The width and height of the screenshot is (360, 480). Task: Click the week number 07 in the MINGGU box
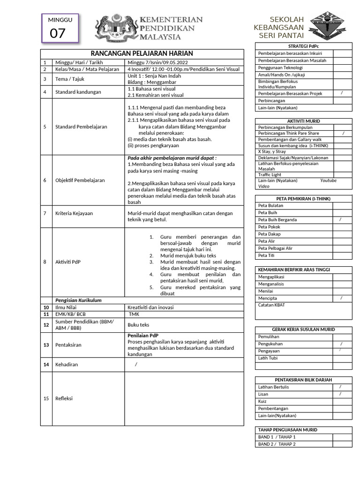click(58, 33)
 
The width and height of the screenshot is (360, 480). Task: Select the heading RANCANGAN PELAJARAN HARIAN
click(142, 53)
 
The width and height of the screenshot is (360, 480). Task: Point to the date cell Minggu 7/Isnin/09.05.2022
click(157, 62)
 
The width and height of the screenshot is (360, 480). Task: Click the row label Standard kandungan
click(78, 92)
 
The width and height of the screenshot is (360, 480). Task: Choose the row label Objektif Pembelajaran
click(80, 180)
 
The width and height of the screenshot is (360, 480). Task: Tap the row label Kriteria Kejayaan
click(74, 213)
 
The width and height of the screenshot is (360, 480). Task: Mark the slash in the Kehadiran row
click(136, 364)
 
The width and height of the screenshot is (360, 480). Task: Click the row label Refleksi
click(64, 398)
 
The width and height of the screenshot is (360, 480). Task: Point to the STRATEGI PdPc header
click(303, 46)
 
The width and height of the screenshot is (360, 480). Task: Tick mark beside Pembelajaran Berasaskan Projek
click(342, 93)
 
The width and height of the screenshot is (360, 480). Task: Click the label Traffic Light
click(270, 175)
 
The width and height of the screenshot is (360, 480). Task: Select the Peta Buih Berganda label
click(277, 220)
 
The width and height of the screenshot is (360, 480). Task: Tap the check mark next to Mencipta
click(341, 298)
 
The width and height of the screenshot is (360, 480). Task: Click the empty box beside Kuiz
click(342, 401)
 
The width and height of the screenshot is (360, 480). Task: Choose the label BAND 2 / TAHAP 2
click(277, 444)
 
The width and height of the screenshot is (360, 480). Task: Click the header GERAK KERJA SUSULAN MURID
click(303, 330)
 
